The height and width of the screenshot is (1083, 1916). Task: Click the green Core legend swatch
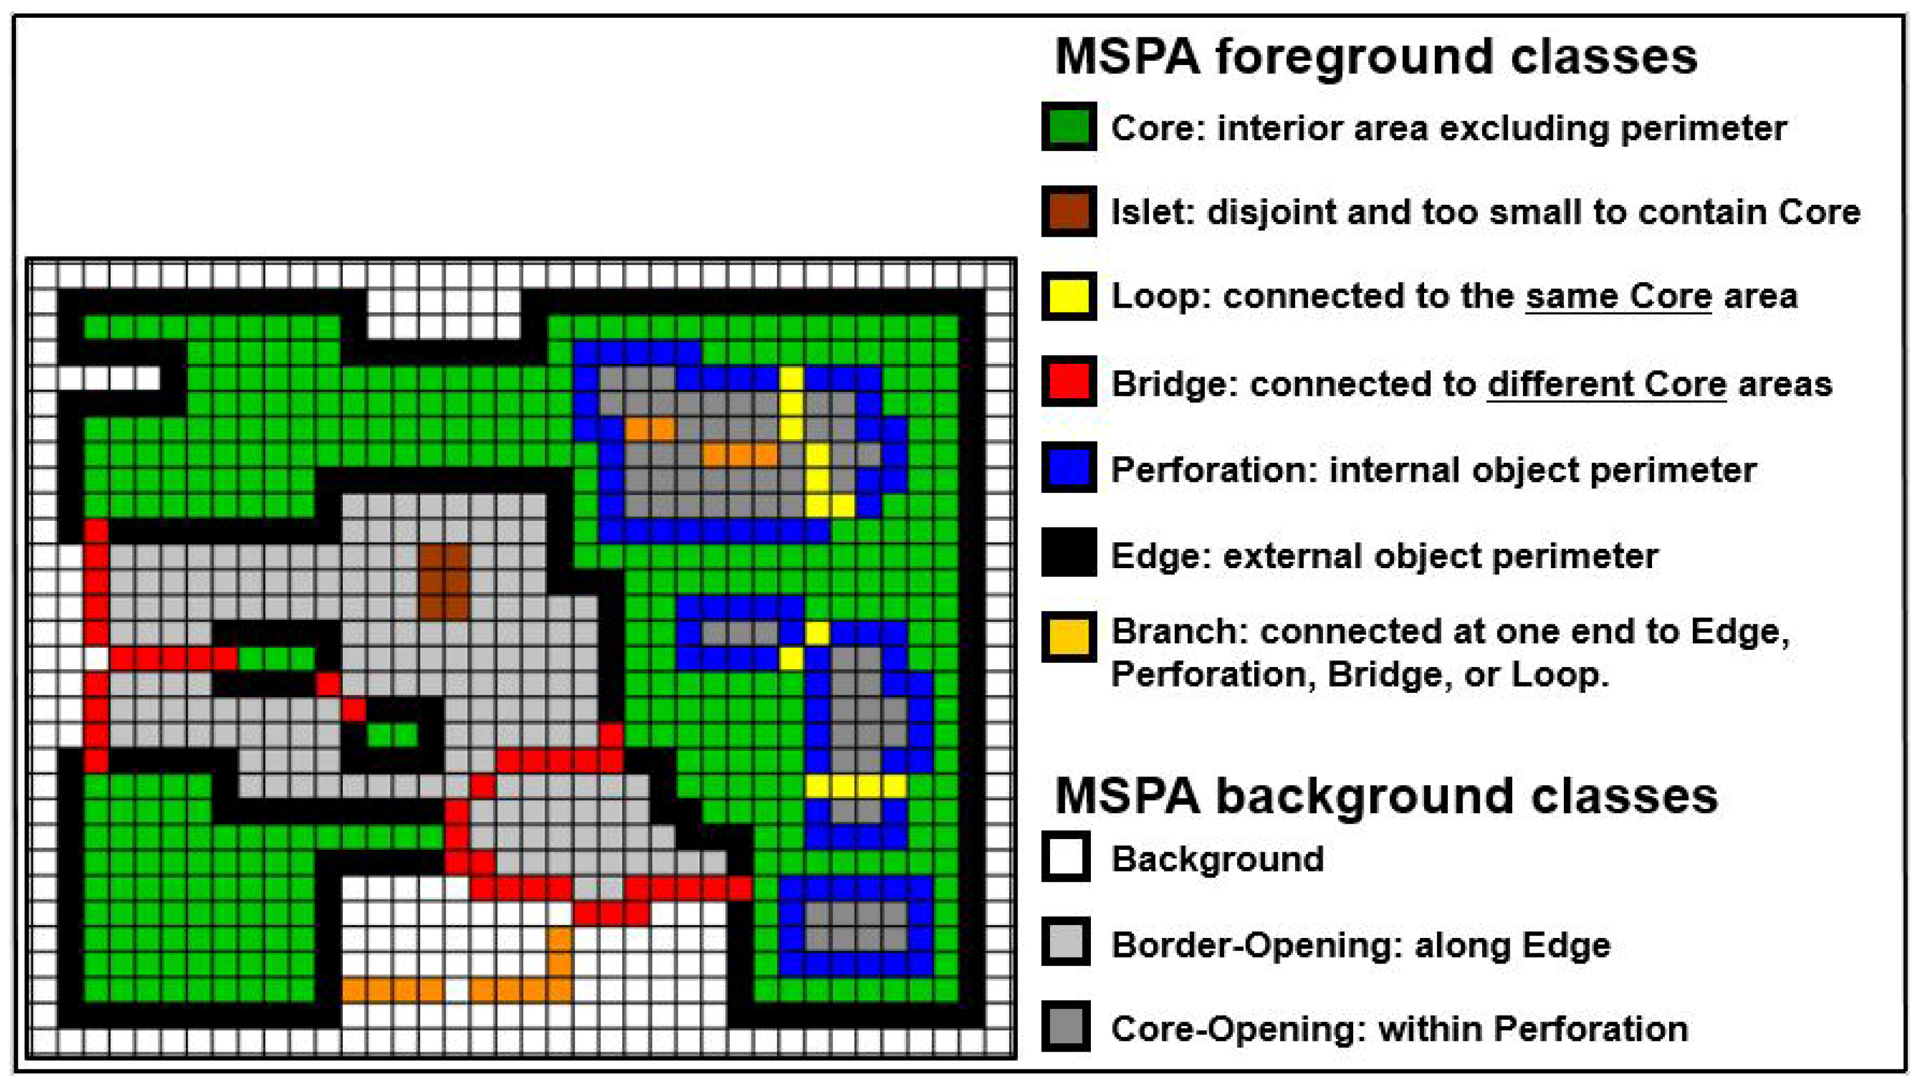pyautogui.click(x=1069, y=127)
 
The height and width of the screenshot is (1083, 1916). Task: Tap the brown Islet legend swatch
pyautogui.click(x=1069, y=211)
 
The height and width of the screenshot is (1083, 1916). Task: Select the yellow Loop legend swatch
pyautogui.click(x=1069, y=296)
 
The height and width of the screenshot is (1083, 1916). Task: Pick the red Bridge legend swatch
pyautogui.click(x=1069, y=382)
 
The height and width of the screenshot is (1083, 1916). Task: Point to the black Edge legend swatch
pyautogui.click(x=1069, y=553)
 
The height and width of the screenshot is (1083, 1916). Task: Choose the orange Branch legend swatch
pyautogui.click(x=1069, y=637)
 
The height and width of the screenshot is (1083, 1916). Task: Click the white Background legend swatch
pyautogui.click(x=1067, y=857)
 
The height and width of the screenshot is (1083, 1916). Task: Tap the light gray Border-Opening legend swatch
pyautogui.click(x=1067, y=942)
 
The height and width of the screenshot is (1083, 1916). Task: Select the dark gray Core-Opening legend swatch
pyautogui.click(x=1067, y=1026)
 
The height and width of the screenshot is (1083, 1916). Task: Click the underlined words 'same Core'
pyautogui.click(x=1618, y=296)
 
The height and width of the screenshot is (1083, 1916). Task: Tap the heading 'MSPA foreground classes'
pyautogui.click(x=1376, y=57)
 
